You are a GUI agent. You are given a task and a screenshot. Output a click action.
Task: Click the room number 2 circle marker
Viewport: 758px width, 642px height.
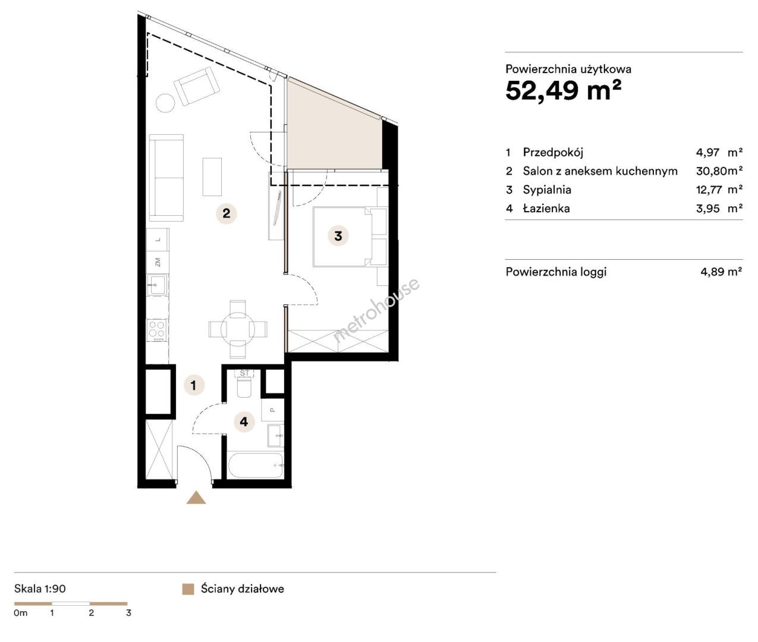click(x=227, y=213)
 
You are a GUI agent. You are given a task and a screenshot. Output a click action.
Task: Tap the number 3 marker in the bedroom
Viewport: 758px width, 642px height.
click(x=338, y=236)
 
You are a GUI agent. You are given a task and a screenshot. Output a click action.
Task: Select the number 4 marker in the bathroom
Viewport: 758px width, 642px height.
click(x=244, y=421)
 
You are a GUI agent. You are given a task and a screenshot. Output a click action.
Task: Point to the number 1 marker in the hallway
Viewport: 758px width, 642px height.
click(x=194, y=385)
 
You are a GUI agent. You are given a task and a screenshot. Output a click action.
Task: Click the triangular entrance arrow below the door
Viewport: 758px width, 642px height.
click(x=196, y=498)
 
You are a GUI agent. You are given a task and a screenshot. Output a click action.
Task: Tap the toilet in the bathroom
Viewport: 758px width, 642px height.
click(x=244, y=387)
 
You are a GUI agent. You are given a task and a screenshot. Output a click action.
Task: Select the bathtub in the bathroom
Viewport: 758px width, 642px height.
click(x=256, y=465)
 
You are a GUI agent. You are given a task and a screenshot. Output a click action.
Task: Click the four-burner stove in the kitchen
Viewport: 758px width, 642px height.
click(x=157, y=331)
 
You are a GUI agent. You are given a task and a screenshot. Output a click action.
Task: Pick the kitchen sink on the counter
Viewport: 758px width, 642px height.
click(x=158, y=285)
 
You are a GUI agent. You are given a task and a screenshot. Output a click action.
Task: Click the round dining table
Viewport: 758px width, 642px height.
click(x=238, y=329)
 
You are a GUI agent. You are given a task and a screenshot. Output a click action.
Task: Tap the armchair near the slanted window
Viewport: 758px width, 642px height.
click(x=197, y=86)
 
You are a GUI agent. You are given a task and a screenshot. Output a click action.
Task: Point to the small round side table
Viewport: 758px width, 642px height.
click(x=165, y=103)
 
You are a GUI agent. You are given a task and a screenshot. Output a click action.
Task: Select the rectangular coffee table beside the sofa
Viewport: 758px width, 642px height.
click(x=212, y=177)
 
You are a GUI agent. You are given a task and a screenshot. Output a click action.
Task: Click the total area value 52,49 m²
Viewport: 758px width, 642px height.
click(x=563, y=90)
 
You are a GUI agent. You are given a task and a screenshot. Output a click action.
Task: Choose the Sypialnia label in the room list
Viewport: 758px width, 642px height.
click(x=547, y=190)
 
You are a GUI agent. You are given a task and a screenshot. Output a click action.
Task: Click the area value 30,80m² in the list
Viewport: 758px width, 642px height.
click(x=719, y=171)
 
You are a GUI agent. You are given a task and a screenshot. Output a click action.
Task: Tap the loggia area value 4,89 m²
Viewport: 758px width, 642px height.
click(x=721, y=271)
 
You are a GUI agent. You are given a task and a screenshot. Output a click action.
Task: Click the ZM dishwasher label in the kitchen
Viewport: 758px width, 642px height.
click(x=158, y=262)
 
